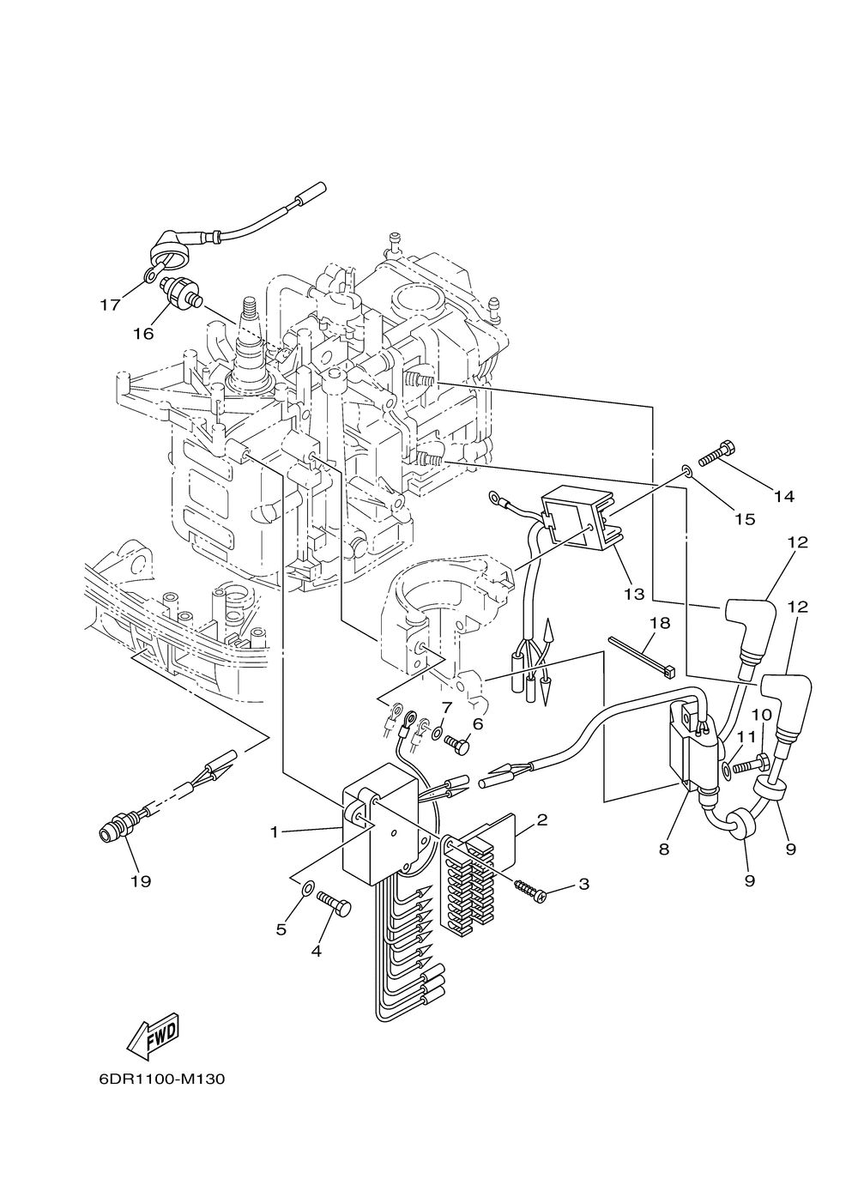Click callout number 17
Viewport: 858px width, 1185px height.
tap(110, 305)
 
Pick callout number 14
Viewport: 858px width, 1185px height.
tap(784, 496)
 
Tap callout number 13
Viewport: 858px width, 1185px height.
tap(635, 594)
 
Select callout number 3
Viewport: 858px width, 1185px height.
tap(583, 884)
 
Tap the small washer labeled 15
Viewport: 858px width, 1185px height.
tap(686, 455)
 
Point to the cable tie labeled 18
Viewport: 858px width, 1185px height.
tap(642, 656)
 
